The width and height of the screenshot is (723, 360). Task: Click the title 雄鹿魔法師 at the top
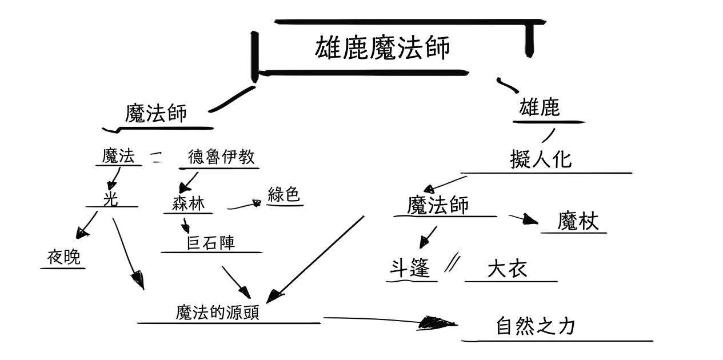click(382, 48)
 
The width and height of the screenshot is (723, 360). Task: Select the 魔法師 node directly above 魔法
click(155, 113)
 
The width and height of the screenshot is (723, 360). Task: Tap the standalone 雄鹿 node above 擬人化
click(539, 107)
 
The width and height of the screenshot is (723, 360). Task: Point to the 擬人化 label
click(540, 159)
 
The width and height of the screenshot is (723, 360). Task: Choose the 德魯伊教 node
click(221, 157)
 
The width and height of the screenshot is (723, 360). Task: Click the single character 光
click(111, 197)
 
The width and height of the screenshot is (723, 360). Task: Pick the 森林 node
click(188, 203)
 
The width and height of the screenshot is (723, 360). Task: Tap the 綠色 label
click(283, 195)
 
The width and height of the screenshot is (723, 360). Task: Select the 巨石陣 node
click(211, 243)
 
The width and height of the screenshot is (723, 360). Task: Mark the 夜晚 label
click(64, 258)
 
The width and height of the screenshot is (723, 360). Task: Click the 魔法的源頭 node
click(217, 313)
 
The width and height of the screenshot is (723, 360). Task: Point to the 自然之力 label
click(535, 326)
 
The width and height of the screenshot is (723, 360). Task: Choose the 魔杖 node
click(578, 221)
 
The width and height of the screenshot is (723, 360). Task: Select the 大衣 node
click(506, 269)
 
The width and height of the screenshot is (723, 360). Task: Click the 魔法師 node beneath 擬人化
click(438, 205)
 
